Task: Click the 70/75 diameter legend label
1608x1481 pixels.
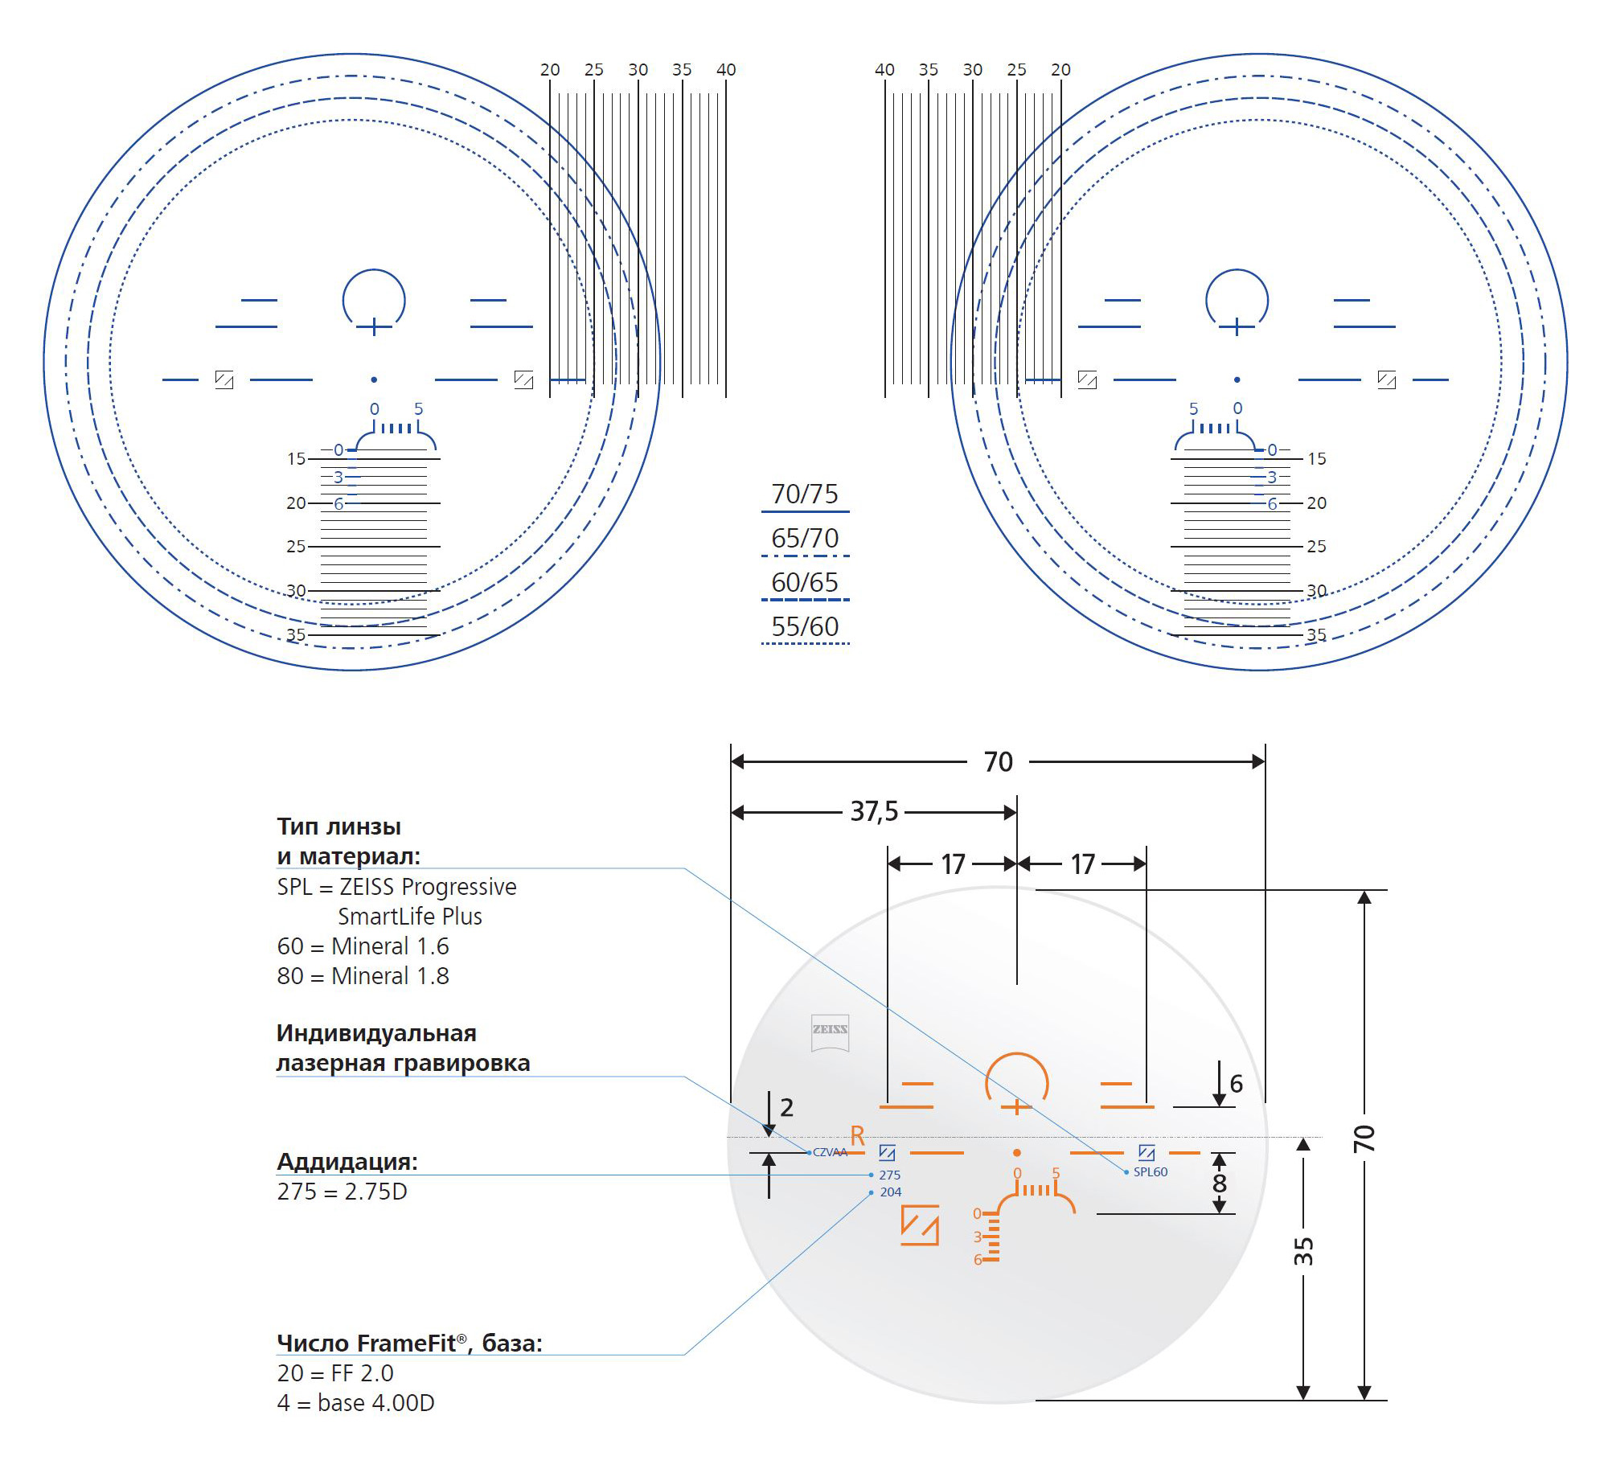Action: (804, 494)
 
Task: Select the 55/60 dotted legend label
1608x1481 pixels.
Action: (804, 626)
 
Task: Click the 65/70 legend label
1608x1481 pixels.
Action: (804, 538)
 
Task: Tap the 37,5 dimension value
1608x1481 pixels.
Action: (874, 811)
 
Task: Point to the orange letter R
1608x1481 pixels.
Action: (857, 1136)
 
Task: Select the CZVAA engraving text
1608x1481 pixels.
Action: (830, 1152)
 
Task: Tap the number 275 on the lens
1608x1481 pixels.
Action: (889, 1175)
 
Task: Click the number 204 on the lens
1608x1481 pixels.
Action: (890, 1192)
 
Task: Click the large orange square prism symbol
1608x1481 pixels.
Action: (920, 1225)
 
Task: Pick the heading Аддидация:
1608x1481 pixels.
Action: (347, 1161)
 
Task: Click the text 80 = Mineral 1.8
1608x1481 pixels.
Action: (363, 976)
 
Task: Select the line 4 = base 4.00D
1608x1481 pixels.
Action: (355, 1403)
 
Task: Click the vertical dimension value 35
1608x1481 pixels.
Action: (1303, 1252)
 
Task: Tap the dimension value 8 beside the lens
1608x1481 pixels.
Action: (1220, 1183)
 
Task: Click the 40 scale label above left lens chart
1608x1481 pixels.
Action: (725, 70)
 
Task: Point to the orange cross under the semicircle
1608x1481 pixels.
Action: (1016, 1108)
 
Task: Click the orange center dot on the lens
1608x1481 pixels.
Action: (1017, 1153)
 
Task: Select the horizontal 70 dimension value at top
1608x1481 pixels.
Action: (998, 761)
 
